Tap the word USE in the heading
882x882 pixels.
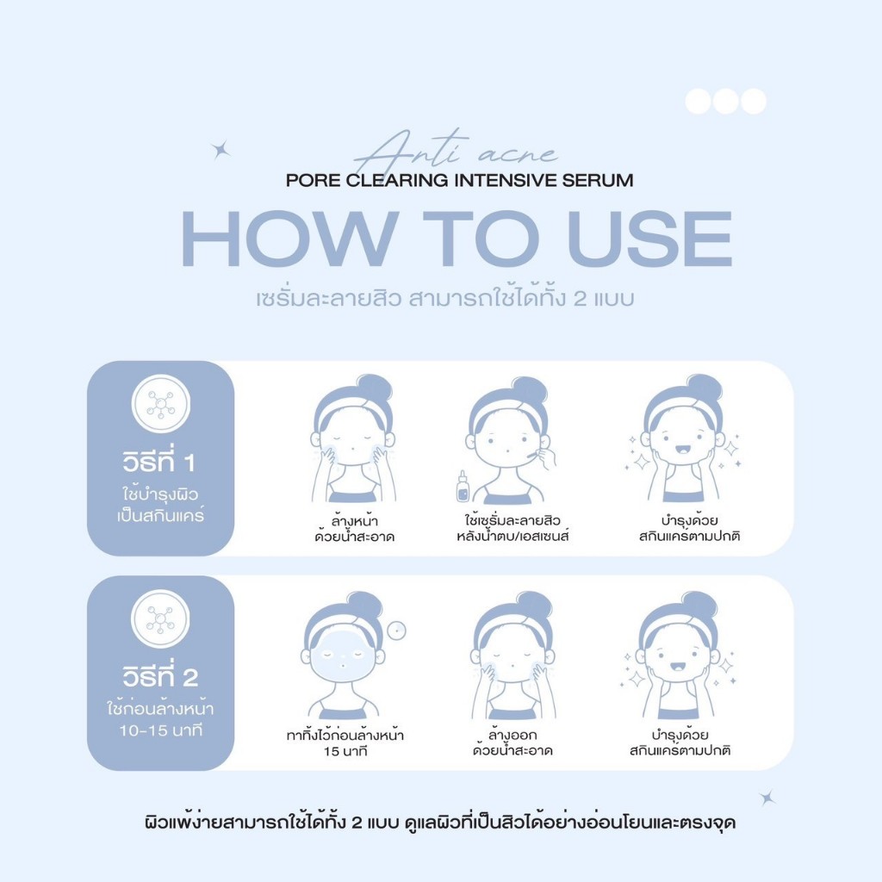tap(649, 239)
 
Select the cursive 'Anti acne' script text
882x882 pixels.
tap(455, 150)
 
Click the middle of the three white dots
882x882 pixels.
tap(725, 102)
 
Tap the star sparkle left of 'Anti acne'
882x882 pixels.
tap(220, 150)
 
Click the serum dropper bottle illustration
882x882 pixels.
tap(463, 488)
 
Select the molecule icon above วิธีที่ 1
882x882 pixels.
tap(161, 404)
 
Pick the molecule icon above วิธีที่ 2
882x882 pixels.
tap(160, 618)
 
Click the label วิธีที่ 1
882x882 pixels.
tap(158, 460)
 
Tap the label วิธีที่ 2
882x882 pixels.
tap(160, 675)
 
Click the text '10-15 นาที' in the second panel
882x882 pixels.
tap(160, 730)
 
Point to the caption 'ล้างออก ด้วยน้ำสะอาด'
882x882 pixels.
tap(512, 742)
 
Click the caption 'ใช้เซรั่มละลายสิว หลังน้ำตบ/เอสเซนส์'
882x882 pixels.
tap(512, 528)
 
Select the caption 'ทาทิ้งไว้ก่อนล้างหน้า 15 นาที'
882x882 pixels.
tap(345, 742)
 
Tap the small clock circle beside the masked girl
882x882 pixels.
tap(397, 630)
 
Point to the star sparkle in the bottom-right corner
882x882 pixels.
tap(767, 798)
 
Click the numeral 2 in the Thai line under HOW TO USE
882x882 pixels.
tap(581, 299)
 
